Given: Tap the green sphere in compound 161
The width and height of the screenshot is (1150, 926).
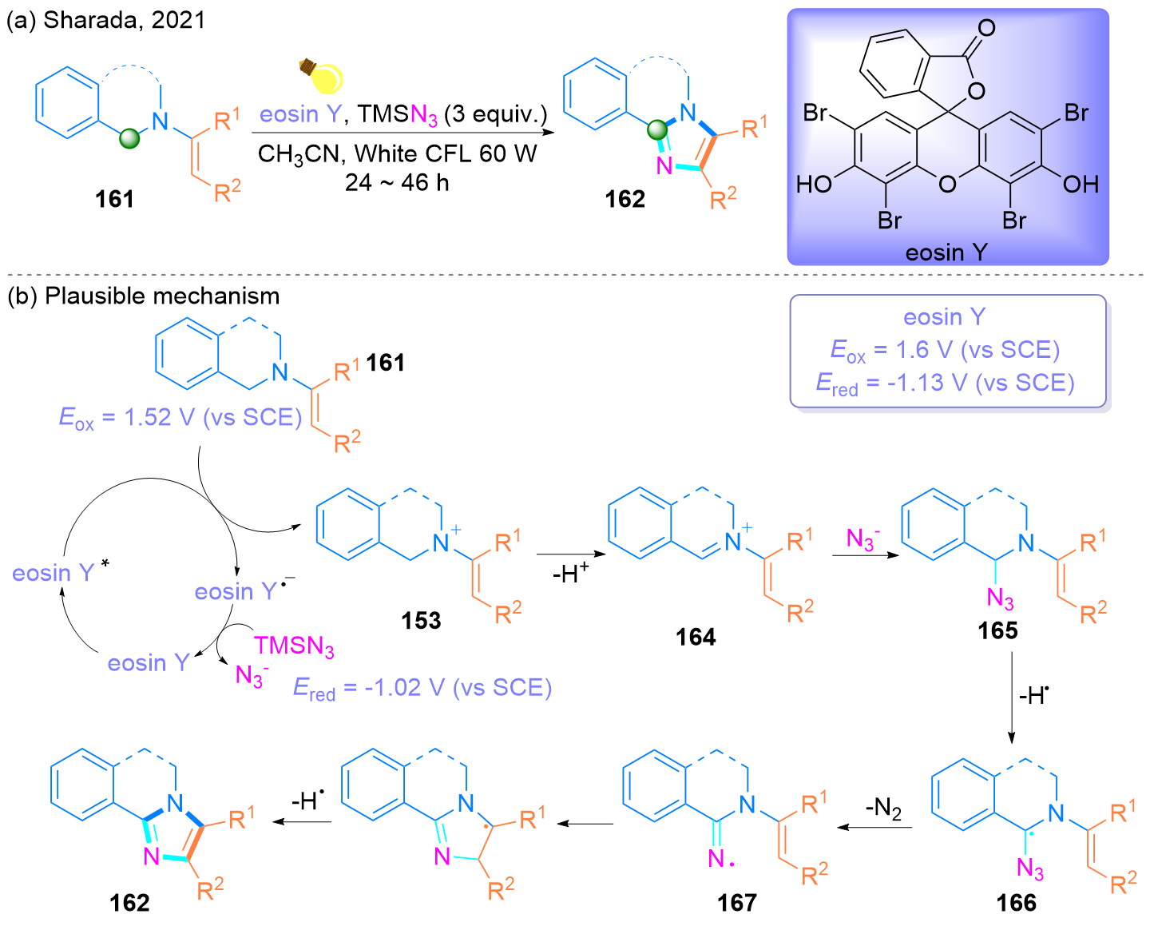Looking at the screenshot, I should pyautogui.click(x=129, y=139).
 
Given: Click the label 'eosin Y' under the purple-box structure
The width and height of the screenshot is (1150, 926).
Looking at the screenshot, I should pyautogui.click(x=946, y=252).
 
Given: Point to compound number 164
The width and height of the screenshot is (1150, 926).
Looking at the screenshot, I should pyautogui.click(x=696, y=637).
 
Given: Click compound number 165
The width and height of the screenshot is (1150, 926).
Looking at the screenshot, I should pyautogui.click(x=997, y=630).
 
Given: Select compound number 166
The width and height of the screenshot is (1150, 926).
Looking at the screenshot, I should pyautogui.click(x=1016, y=903).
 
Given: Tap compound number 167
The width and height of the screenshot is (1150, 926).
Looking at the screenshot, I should pyautogui.click(x=736, y=903).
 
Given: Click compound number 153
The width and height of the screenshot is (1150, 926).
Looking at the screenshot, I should pyautogui.click(x=421, y=620).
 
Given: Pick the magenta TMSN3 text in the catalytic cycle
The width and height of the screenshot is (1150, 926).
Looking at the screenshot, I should pyautogui.click(x=294, y=646).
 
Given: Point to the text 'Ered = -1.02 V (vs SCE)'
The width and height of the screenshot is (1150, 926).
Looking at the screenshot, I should pyautogui.click(x=422, y=689).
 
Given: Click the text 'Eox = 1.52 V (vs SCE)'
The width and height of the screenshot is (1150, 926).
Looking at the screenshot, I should pyautogui.click(x=180, y=418).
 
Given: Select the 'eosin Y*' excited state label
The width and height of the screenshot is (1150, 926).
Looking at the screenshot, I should pyautogui.click(x=61, y=572).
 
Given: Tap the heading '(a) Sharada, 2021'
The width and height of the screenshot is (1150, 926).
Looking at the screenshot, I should pyautogui.click(x=106, y=20).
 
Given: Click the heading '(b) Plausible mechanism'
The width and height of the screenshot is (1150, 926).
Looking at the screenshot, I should pyautogui.click(x=144, y=296).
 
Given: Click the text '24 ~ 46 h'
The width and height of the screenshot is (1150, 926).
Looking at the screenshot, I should pyautogui.click(x=397, y=183).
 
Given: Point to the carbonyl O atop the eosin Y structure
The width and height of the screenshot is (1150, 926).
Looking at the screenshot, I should pyautogui.click(x=987, y=28).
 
